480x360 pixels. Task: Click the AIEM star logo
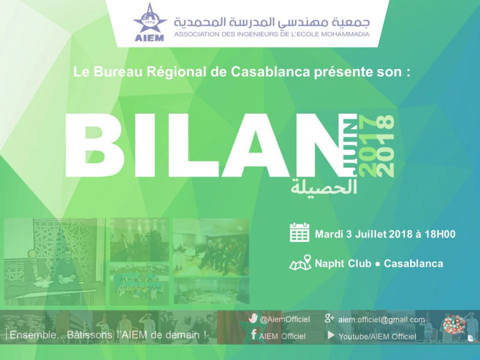coord(150,21)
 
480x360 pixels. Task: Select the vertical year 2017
coord(367,146)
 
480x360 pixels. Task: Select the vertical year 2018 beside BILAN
coord(385,146)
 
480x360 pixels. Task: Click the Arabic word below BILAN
coord(324,186)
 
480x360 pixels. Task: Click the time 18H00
coord(440,234)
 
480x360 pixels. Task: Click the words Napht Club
coord(343,263)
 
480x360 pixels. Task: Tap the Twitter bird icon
coord(253,318)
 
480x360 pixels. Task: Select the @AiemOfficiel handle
coord(285,320)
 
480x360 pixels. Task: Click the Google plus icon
coord(329,318)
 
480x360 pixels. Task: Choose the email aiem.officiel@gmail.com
coord(382,320)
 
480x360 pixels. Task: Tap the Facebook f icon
coord(253,334)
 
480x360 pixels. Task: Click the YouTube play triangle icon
coord(331,335)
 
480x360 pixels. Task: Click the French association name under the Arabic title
coord(272,34)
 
